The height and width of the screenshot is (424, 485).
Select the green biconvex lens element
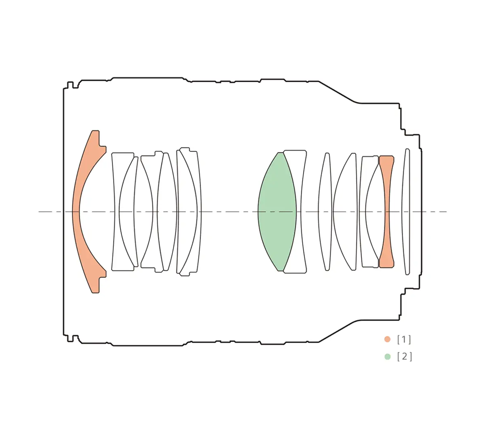(277, 212)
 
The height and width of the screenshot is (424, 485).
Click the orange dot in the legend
(387, 339)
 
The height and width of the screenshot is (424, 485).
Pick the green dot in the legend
(387, 357)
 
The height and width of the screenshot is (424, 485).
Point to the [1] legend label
(404, 340)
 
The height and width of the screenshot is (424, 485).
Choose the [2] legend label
(405, 357)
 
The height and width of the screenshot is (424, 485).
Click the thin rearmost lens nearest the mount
(406, 212)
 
